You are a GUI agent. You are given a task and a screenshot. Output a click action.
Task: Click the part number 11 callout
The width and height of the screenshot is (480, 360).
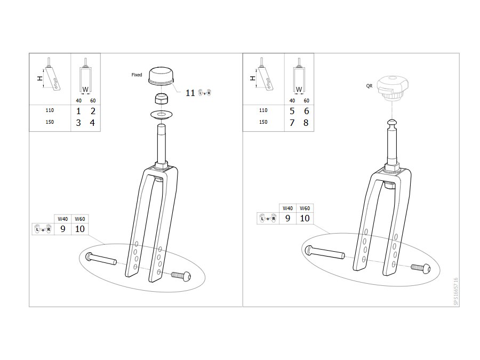[190, 93]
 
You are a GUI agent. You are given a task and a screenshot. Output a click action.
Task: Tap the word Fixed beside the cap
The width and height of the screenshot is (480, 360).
[137, 75]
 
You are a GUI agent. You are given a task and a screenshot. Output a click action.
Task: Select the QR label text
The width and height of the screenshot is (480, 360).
[369, 86]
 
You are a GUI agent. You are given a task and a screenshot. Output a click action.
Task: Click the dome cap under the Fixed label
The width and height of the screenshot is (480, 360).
[161, 76]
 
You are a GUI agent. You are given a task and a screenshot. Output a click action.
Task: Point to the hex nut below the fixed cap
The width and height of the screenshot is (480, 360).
[161, 99]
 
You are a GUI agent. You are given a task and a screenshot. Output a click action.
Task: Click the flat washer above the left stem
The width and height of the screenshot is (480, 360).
[161, 115]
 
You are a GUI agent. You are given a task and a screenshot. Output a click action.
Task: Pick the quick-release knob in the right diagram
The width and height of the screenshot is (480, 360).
[393, 87]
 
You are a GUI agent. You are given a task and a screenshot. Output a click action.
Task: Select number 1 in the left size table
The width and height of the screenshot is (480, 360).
[78, 111]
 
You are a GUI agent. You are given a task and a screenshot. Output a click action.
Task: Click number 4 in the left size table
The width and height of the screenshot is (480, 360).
[92, 123]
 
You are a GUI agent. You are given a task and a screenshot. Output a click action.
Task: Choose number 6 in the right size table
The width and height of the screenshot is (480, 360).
[306, 111]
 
